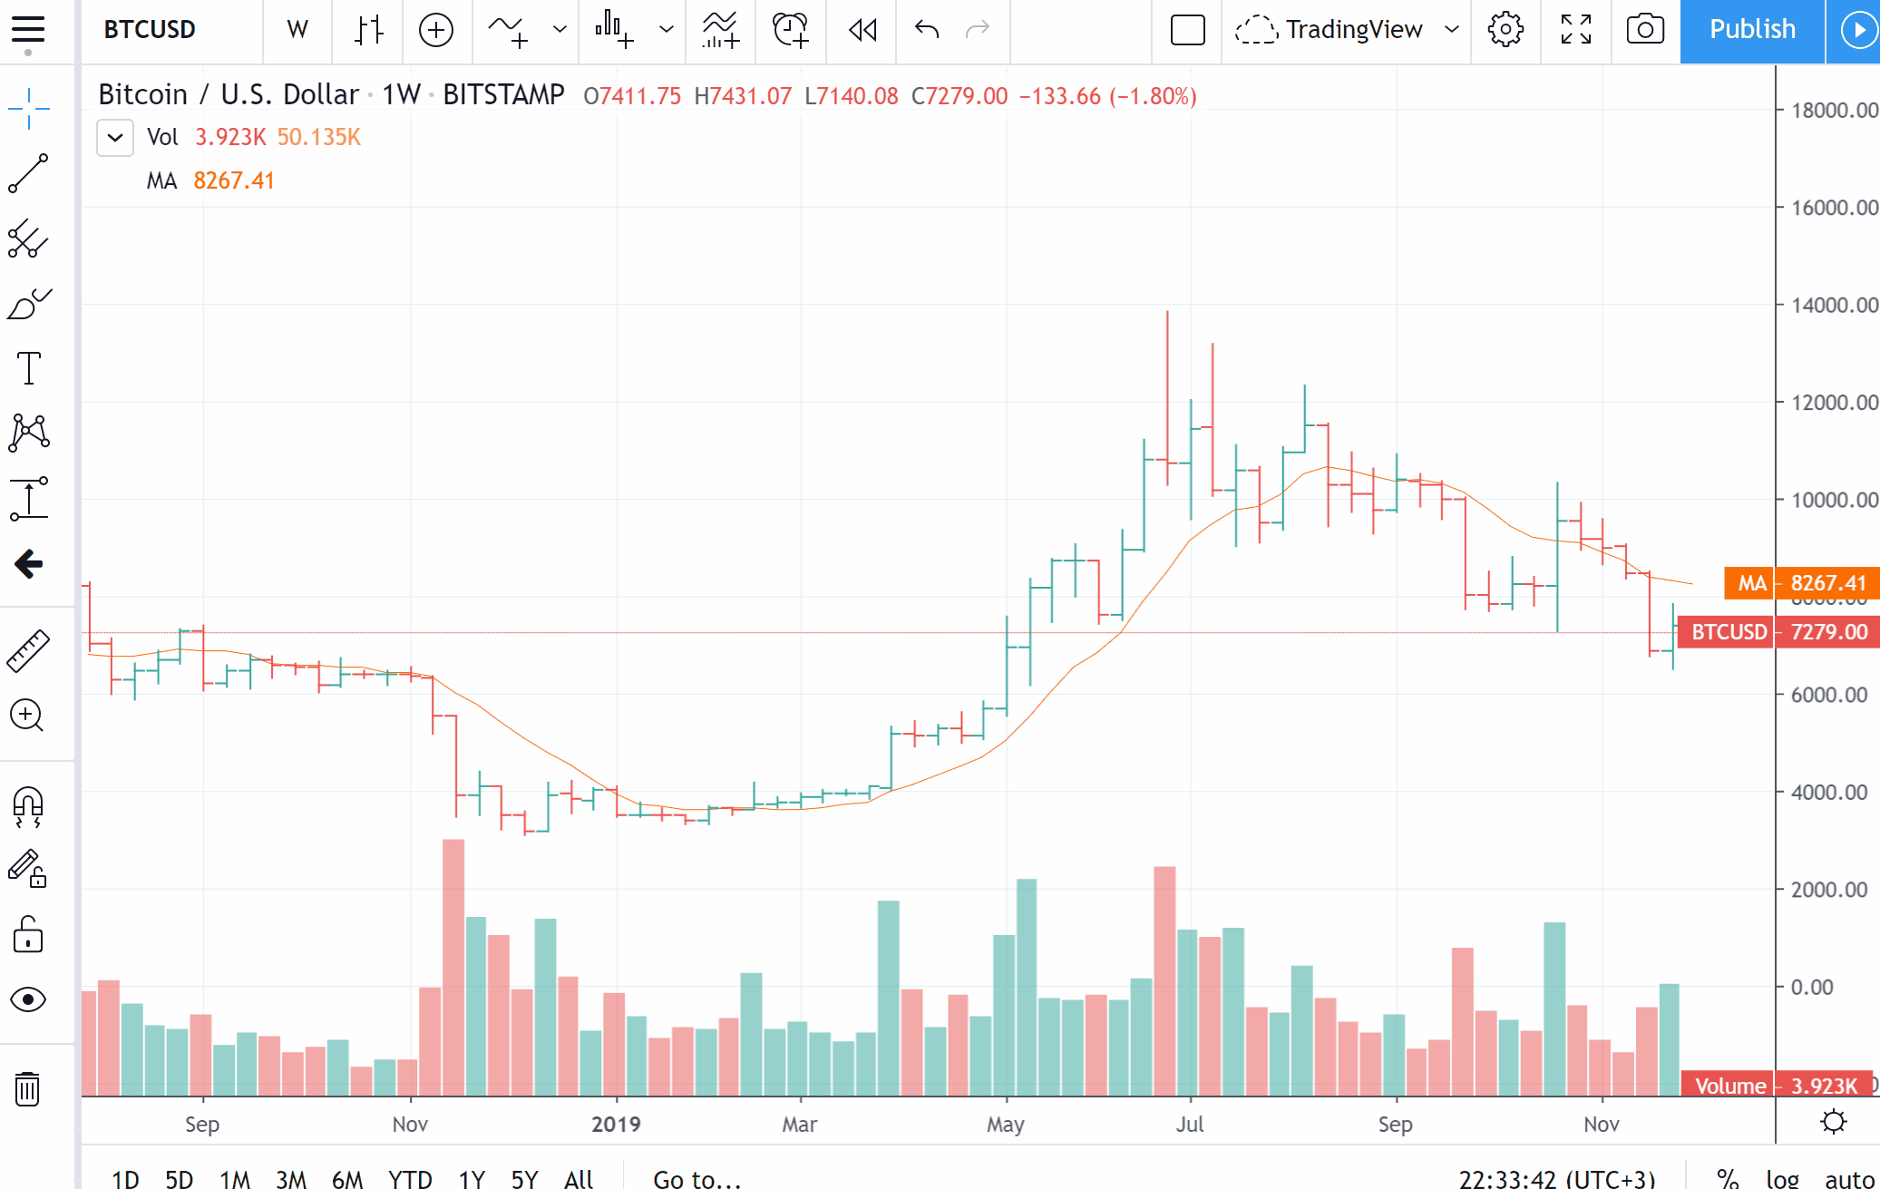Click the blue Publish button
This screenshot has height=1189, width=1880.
[x=1751, y=30]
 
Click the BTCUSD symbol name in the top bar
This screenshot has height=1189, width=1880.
[x=150, y=30]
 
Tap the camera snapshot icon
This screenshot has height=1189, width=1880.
[x=1644, y=30]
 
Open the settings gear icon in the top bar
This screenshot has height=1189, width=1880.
[x=1505, y=30]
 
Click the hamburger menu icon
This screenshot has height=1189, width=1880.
[x=28, y=30]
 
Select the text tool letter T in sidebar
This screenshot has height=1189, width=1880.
[x=29, y=368]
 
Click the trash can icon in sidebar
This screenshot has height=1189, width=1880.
[x=28, y=1088]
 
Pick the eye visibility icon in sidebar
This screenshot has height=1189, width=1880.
[x=28, y=999]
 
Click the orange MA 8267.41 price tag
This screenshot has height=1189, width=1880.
[x=1801, y=583]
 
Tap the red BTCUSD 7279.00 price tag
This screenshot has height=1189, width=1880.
[x=1778, y=632]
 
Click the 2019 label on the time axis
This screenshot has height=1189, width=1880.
[x=616, y=1125]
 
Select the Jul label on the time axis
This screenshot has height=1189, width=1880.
[x=1190, y=1125]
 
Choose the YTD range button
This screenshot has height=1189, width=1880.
[x=410, y=1178]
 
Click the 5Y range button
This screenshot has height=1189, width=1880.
[x=524, y=1178]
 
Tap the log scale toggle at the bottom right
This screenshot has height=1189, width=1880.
[x=1782, y=1178]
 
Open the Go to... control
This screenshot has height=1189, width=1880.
[x=697, y=1178]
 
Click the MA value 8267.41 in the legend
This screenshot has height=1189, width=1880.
[x=234, y=181]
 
